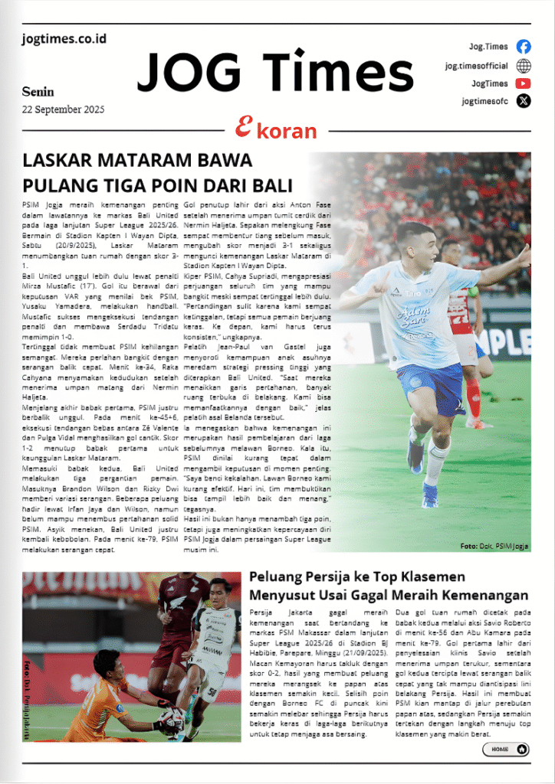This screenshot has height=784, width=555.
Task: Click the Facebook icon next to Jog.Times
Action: click(524, 46)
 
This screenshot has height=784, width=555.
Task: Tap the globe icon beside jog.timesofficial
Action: click(524, 65)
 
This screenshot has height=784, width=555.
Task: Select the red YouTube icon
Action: click(524, 83)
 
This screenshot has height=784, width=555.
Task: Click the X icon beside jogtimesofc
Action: click(524, 100)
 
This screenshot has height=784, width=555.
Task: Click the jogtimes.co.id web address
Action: click(64, 38)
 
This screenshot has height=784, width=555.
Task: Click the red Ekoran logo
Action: click(276, 129)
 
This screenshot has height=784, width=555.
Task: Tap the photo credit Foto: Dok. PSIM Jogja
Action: click(494, 546)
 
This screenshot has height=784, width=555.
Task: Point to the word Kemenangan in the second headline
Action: click(485, 595)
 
